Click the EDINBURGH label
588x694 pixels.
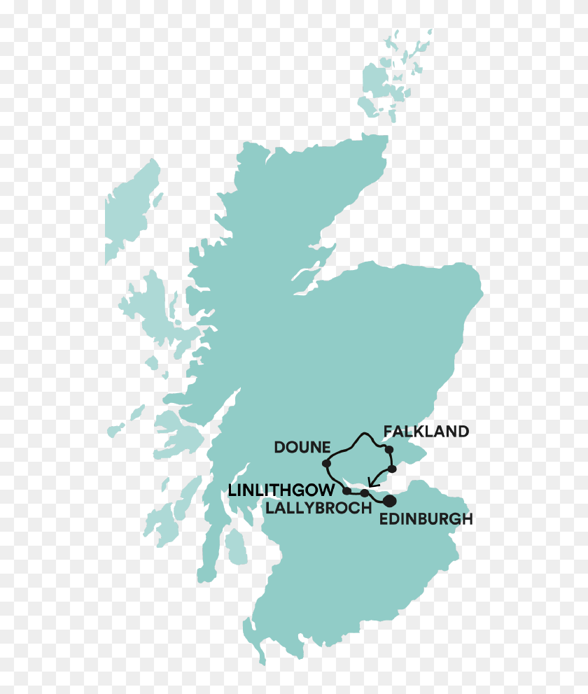point(426,520)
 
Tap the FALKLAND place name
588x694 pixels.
point(426,432)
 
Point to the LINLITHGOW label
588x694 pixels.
point(281,490)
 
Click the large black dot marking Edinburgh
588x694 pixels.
point(389,500)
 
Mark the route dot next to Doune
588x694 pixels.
point(326,463)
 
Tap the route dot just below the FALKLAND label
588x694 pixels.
point(389,449)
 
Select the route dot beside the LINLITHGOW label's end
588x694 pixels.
point(348,491)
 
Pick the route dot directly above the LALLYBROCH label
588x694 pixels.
point(365,494)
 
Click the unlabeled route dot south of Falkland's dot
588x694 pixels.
point(392,469)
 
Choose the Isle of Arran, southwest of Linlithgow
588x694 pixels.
point(237,546)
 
